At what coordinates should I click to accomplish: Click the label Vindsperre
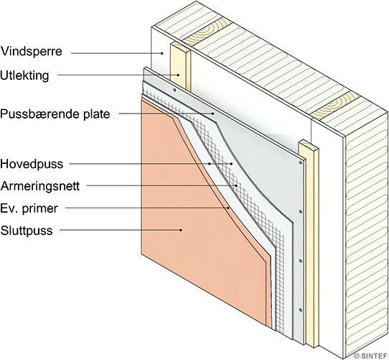coord(31,52)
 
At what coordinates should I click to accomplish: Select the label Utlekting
coord(24,75)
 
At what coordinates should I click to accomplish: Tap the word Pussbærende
coord(39,114)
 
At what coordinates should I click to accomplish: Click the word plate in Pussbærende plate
coord(95,114)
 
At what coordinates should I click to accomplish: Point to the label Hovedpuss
coord(32,164)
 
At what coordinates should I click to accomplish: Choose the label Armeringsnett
coord(40,186)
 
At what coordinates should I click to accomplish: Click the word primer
coord(40,208)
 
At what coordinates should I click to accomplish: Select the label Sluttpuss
coord(27,231)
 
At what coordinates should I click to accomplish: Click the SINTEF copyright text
coord(370,356)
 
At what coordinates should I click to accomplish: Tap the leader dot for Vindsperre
coord(162,53)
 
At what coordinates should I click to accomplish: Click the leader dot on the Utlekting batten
coord(178,75)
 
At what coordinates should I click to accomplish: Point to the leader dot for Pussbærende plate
coord(213,114)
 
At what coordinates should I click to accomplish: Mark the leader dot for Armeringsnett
coord(236,185)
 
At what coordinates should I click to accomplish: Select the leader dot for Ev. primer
coord(228,208)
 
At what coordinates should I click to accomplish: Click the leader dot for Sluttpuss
coord(181,230)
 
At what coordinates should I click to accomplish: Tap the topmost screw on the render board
coord(174,90)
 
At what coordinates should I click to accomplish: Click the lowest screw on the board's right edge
coord(300,310)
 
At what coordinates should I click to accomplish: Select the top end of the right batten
coord(309,145)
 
